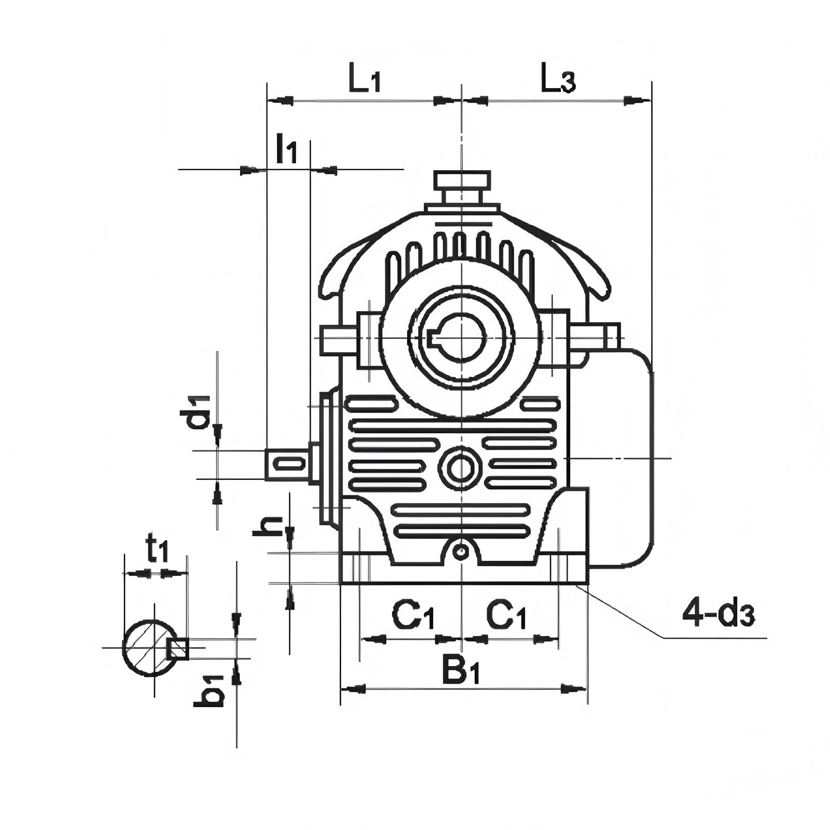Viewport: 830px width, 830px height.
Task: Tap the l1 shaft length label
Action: pos(286,148)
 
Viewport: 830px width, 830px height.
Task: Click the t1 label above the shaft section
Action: pos(157,549)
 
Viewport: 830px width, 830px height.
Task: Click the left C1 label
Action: pos(413,615)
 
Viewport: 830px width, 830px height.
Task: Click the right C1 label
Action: pos(506,615)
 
